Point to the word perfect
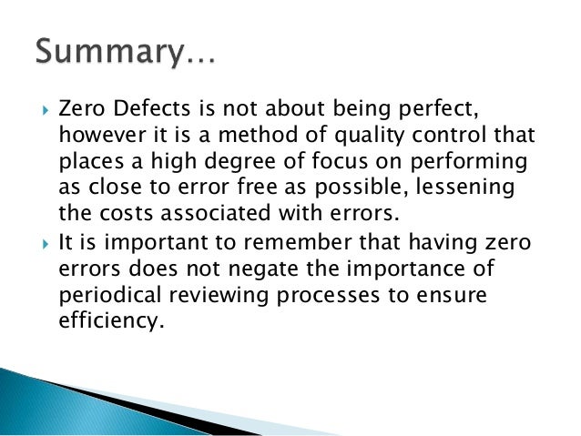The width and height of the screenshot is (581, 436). [x=437, y=110]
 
